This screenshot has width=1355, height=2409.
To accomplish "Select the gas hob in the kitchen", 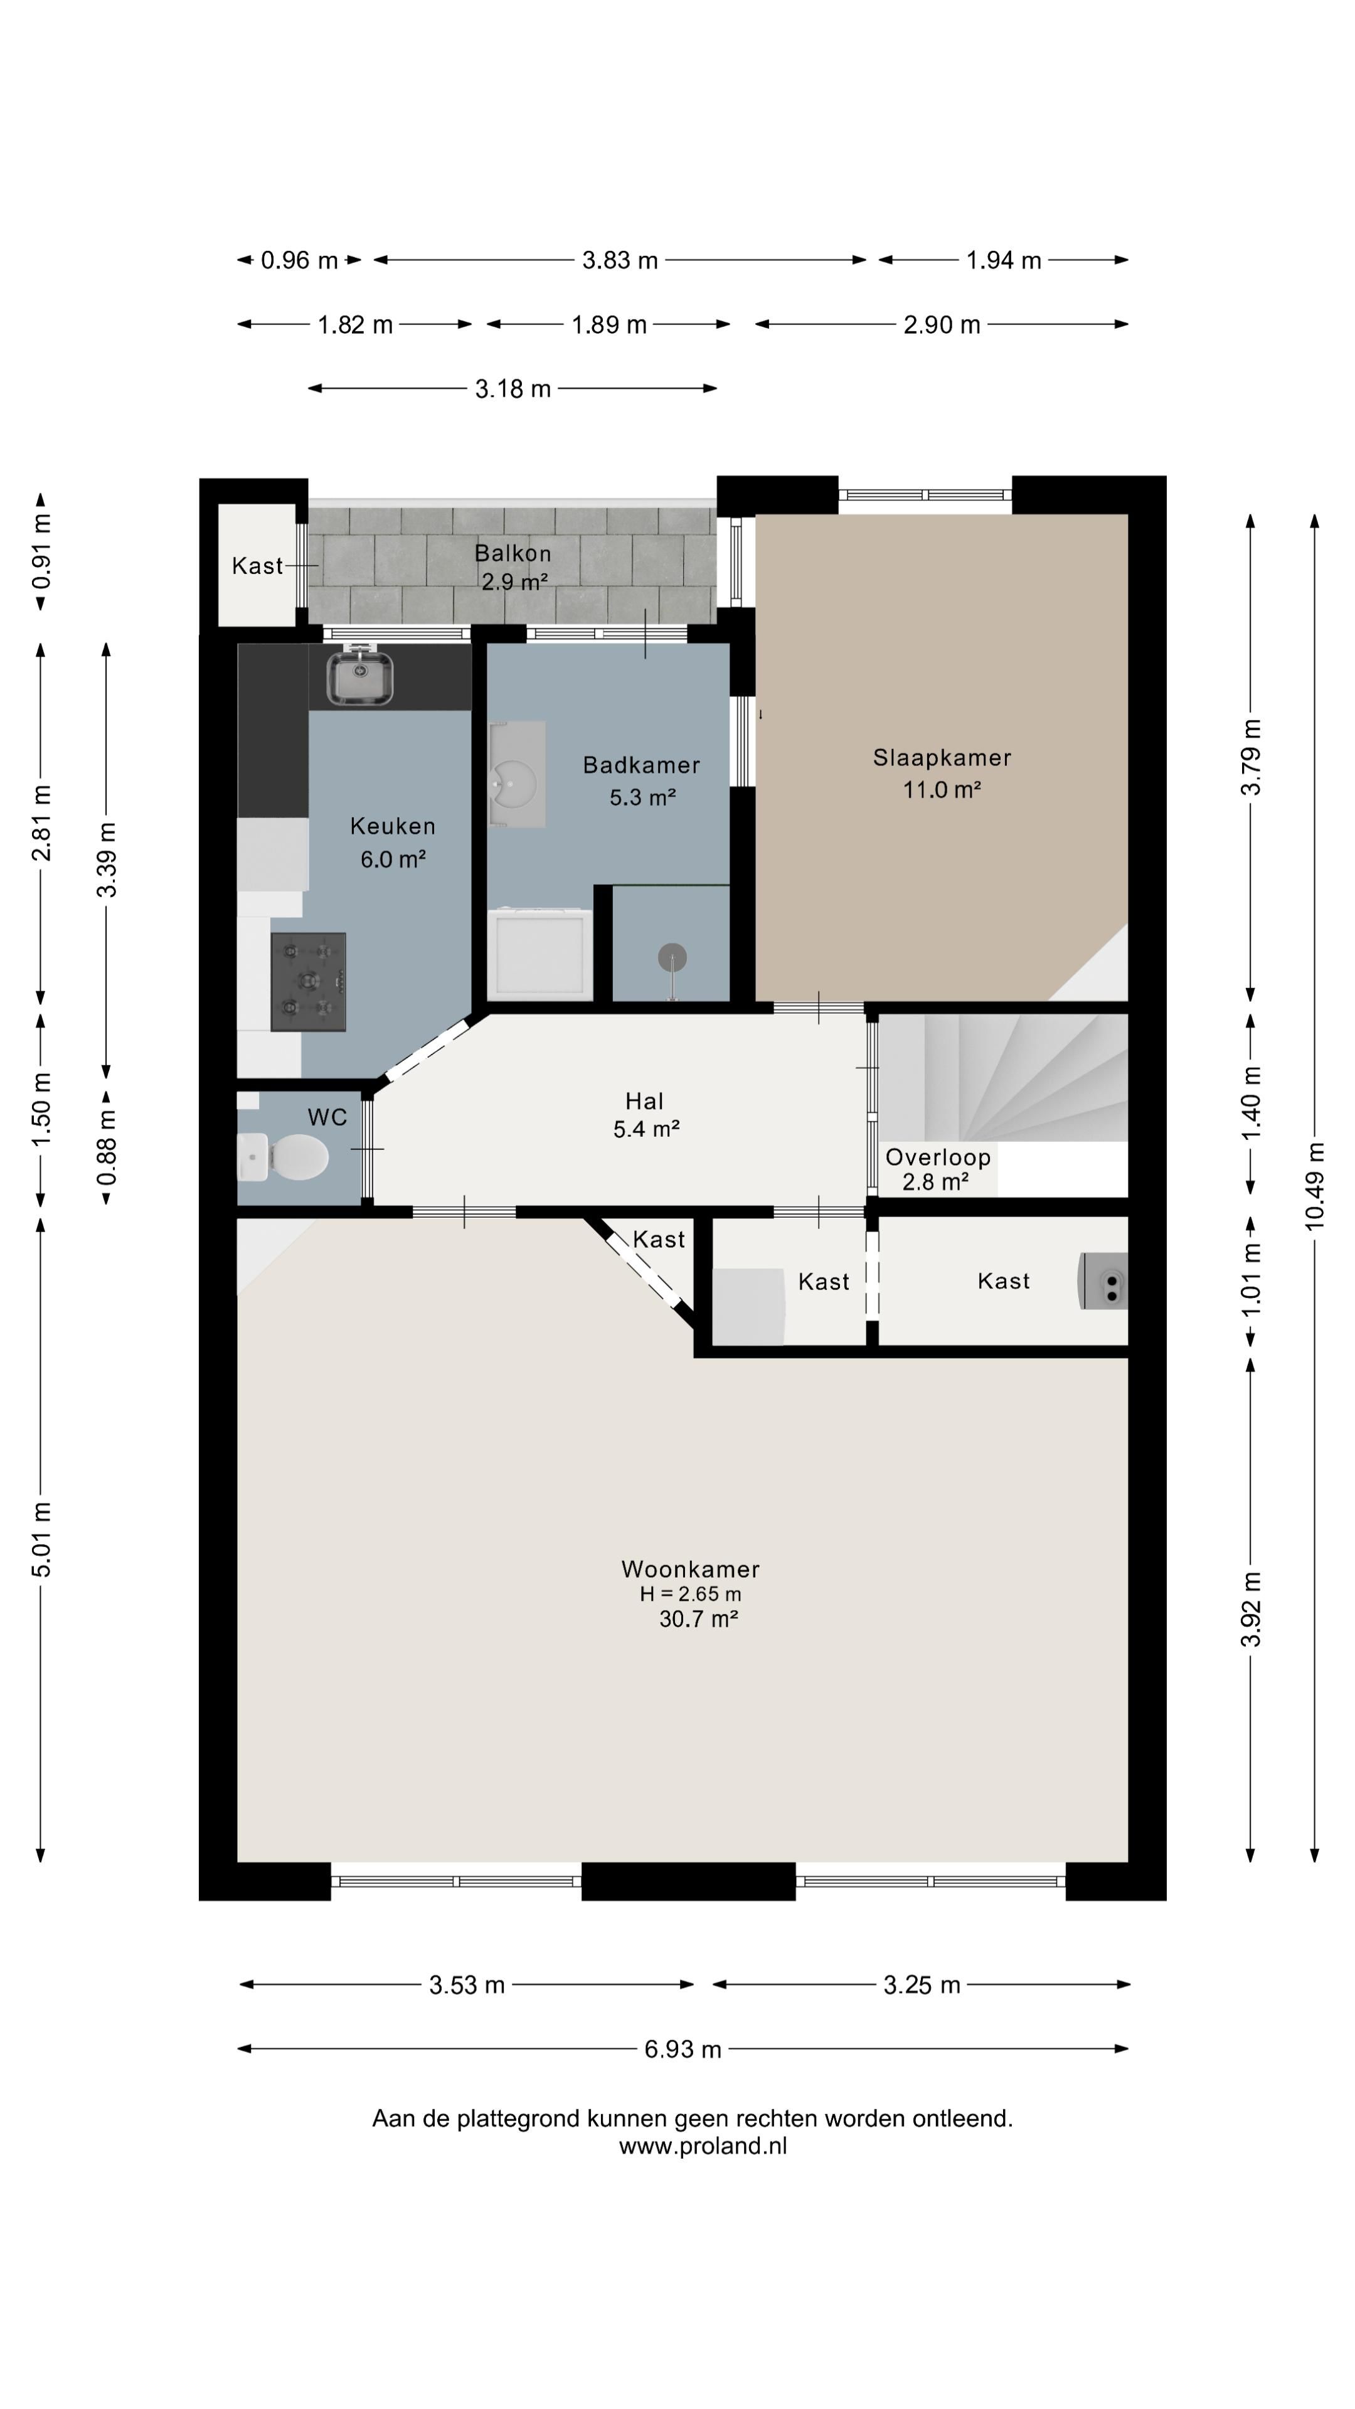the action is pyautogui.click(x=309, y=982).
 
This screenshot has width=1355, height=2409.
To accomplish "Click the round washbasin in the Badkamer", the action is pyautogui.click(x=513, y=781).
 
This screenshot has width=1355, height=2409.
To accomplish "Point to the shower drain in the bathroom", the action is pyautogui.click(x=672, y=957).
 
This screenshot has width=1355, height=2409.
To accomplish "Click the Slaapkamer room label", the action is pyautogui.click(x=942, y=757).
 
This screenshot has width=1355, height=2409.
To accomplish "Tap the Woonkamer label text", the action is pyautogui.click(x=690, y=1568).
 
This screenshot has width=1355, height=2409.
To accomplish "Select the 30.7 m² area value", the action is pyautogui.click(x=699, y=1619).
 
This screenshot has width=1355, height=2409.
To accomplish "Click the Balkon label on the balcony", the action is pyautogui.click(x=513, y=553).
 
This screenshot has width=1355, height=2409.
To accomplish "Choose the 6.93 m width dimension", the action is pyautogui.click(x=683, y=2049).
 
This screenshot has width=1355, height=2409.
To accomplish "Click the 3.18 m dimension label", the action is pyautogui.click(x=513, y=388).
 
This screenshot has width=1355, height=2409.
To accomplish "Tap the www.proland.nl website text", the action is pyautogui.click(x=703, y=2146).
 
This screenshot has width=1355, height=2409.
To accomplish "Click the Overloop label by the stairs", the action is pyautogui.click(x=938, y=1157).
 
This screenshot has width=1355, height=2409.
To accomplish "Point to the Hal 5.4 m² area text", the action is pyautogui.click(x=646, y=1129).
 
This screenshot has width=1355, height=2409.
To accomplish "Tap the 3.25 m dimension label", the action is pyautogui.click(x=922, y=1984).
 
